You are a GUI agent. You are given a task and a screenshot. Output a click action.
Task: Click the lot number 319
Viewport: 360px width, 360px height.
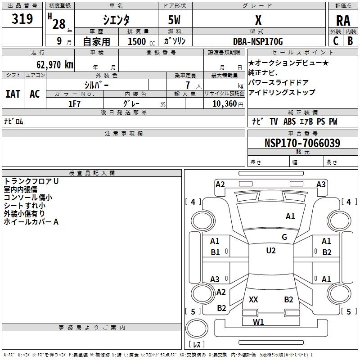click(x=22, y=19)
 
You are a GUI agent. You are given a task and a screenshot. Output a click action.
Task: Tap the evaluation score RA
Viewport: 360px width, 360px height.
click(x=343, y=21)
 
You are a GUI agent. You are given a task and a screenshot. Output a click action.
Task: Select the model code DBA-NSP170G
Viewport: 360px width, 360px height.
click(x=258, y=41)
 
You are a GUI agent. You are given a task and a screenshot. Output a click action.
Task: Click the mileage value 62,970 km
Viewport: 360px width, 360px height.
click(x=51, y=64)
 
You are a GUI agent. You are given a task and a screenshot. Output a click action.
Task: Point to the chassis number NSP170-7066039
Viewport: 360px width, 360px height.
click(x=302, y=143)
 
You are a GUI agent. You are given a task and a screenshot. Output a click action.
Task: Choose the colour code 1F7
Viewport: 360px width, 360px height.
click(x=74, y=104)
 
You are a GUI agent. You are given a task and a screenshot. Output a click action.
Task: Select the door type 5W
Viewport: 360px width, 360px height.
click(x=175, y=20)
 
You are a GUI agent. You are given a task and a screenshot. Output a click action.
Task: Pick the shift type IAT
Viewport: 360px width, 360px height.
click(x=13, y=94)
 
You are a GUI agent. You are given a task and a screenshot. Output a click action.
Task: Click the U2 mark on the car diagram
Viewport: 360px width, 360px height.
click(x=270, y=251)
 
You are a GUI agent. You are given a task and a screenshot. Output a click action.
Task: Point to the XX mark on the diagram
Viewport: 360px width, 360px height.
click(x=253, y=299)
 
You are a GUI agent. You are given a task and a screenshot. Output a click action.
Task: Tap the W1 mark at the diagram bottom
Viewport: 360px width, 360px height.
click(x=258, y=322)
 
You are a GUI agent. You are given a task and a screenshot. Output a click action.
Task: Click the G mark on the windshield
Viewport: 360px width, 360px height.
click(x=284, y=237)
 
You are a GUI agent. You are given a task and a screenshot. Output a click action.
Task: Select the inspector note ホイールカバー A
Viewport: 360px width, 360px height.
click(x=31, y=222)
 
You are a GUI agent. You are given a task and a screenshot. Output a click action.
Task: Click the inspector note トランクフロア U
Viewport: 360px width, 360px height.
click(x=31, y=181)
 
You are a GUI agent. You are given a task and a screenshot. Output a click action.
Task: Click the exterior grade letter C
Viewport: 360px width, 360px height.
click(x=336, y=41)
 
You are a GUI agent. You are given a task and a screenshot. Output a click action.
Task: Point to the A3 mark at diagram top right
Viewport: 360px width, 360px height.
click(x=321, y=184)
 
